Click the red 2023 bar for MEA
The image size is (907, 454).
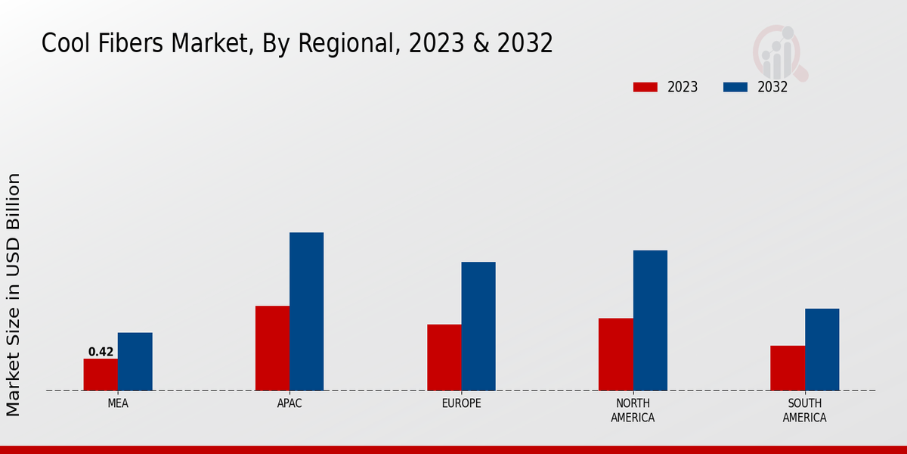click(101, 375)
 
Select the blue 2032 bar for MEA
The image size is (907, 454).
click(135, 362)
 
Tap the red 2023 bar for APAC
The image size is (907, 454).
click(272, 348)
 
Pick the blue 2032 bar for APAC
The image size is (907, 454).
click(306, 312)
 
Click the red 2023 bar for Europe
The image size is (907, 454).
click(444, 357)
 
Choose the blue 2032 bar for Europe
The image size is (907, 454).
click(478, 326)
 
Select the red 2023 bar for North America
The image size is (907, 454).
click(615, 354)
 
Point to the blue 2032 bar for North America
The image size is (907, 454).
click(650, 320)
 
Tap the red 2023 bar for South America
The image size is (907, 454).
click(788, 368)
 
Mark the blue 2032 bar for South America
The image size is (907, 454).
click(822, 350)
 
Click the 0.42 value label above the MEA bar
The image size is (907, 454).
click(101, 352)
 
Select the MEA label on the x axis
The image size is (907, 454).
click(118, 403)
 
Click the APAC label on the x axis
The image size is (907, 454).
click(289, 403)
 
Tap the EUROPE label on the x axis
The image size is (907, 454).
click(461, 403)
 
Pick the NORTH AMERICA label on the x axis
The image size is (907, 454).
click(633, 410)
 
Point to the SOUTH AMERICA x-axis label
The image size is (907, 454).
click(804, 410)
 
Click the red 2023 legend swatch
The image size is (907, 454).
click(645, 87)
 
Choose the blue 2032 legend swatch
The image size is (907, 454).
click(735, 87)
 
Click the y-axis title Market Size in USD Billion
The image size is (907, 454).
click(14, 294)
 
